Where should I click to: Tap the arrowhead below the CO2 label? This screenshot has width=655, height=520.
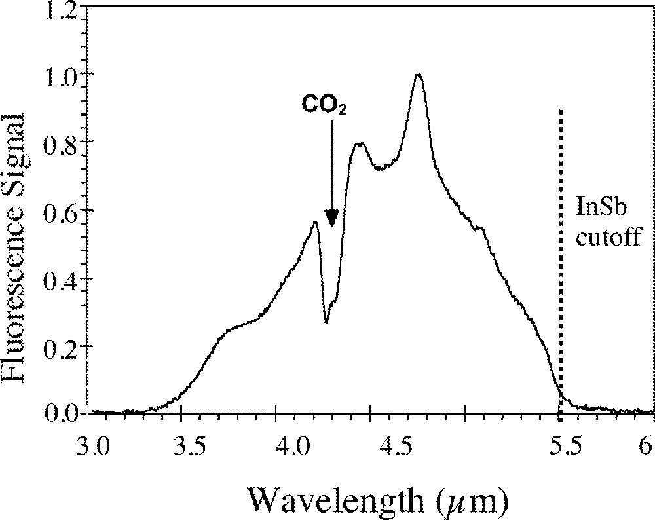pos(332,218)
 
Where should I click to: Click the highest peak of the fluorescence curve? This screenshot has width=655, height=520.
pos(418,75)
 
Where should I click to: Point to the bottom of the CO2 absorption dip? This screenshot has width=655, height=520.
pos(326,322)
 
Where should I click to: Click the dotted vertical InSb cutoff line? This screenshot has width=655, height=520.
pos(561,262)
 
